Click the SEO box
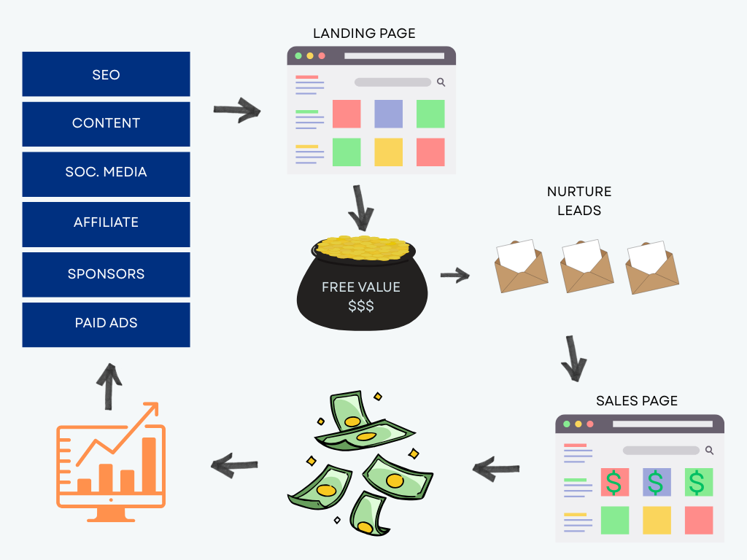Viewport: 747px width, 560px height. pos(106,74)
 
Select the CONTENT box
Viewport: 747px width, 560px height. pos(106,123)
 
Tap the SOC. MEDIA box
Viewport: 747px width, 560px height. pos(106,173)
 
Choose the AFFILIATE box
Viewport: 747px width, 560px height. pos(106,223)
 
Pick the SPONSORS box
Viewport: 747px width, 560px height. pos(106,274)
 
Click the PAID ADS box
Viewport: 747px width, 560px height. pos(106,324)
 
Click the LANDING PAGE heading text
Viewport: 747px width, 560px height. pos(364,34)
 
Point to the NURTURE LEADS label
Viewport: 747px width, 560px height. pos(579,201)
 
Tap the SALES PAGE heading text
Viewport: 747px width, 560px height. pos(637,401)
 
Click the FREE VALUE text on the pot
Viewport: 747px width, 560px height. pos(361,287)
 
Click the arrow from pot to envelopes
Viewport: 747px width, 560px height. pos(455,276)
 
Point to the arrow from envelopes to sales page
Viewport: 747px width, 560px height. pos(574,358)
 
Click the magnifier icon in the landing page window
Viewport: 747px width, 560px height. pos(441,82)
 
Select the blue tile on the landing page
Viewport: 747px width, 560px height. pos(388,114)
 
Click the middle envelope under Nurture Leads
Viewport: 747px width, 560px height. pos(587,266)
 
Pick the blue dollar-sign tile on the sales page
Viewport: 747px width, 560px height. pos(656,482)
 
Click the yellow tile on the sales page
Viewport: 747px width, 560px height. pos(657,520)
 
